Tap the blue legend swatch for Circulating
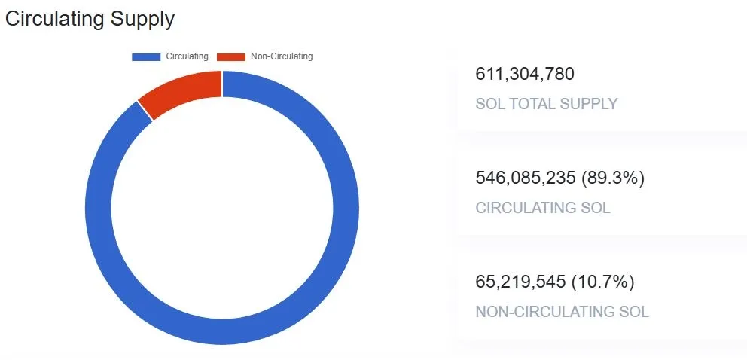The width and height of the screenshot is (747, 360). [x=146, y=56]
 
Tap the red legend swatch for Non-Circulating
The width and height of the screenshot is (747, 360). [x=231, y=56]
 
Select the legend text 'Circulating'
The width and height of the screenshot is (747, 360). [x=187, y=56]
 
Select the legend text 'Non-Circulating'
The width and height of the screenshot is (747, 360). [x=282, y=56]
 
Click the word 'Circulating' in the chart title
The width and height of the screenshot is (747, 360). [x=52, y=20]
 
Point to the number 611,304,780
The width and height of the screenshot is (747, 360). [x=525, y=74]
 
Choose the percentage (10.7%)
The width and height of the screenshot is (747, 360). [x=603, y=282]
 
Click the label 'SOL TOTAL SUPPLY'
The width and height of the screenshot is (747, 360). [x=546, y=104]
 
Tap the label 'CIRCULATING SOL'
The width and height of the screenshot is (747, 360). [x=543, y=208]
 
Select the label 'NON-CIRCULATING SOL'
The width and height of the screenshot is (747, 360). [x=562, y=312]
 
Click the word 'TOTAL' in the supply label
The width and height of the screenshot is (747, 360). [x=537, y=104]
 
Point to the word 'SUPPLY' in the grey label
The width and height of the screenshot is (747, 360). [x=591, y=104]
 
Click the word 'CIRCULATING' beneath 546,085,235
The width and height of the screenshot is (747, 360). [x=527, y=208]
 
